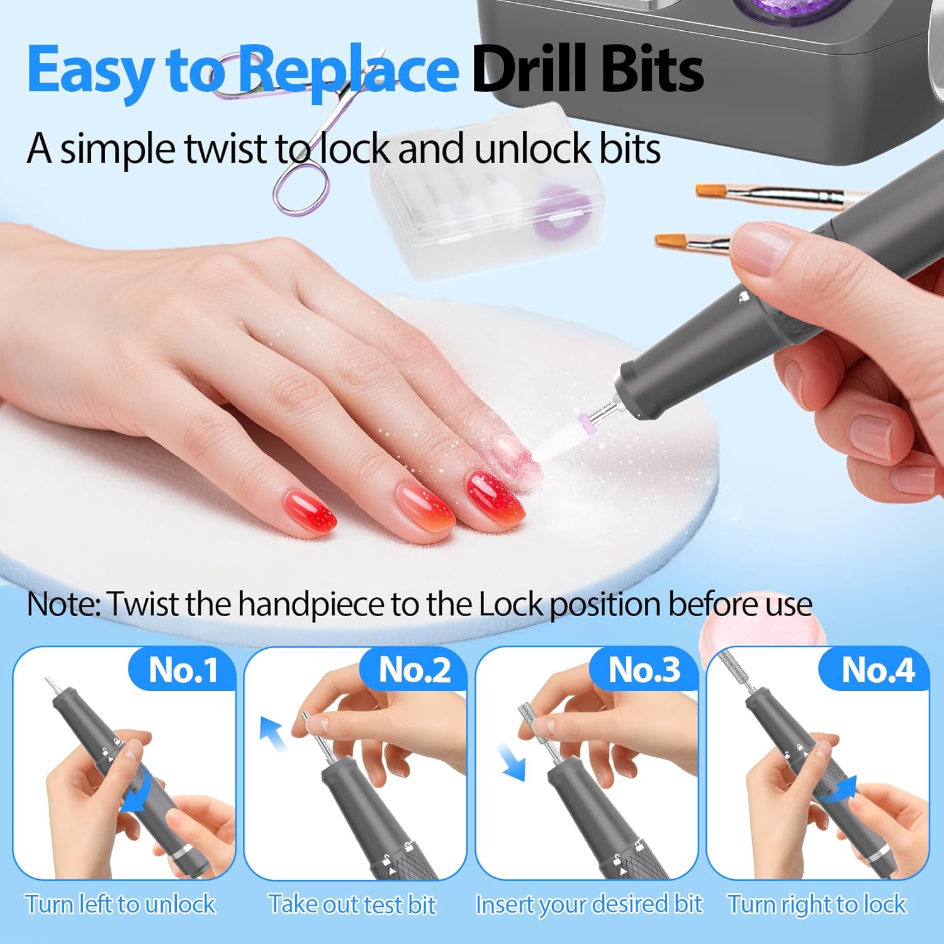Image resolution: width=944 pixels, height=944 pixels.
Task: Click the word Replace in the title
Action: point(349,70)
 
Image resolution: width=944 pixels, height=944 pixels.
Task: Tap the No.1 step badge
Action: point(183,670)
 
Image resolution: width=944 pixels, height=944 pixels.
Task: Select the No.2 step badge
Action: point(414,670)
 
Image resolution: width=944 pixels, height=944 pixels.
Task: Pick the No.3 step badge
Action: point(644,670)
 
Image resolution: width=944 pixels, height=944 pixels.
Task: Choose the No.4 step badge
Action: point(877,670)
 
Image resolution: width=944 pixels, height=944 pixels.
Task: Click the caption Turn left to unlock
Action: point(120,904)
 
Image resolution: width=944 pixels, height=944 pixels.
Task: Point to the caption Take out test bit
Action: point(352,904)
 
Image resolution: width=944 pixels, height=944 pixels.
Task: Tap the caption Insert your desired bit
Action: point(588,904)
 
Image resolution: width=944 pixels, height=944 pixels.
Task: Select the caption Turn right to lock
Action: point(816,904)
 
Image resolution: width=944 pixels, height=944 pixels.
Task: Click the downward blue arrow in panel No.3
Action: point(511,761)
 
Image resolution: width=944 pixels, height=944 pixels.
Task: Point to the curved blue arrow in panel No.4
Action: point(840,790)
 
